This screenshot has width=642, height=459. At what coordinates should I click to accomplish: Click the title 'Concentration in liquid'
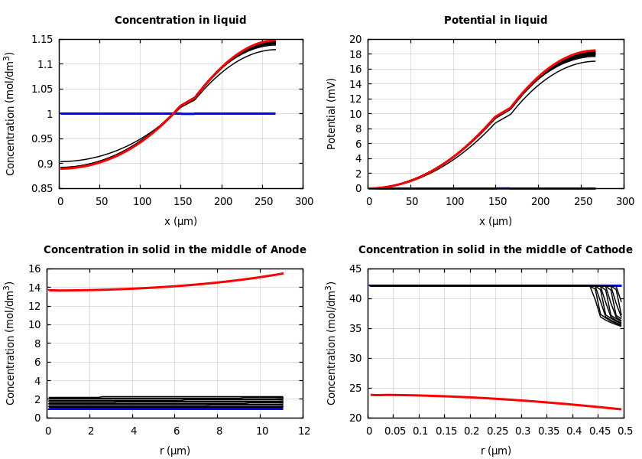[180, 21]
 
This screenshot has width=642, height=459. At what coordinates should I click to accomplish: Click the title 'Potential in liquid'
[495, 21]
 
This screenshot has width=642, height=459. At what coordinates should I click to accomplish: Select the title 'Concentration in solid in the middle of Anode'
[174, 250]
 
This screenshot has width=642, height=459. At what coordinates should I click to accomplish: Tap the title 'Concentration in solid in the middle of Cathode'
[495, 250]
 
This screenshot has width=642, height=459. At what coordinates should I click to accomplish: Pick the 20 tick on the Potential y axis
[355, 40]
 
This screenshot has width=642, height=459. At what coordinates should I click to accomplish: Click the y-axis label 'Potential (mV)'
[332, 113]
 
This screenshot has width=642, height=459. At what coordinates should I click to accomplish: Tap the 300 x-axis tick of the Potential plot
[624, 201]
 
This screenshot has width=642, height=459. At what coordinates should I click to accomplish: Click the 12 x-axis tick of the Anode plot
[303, 431]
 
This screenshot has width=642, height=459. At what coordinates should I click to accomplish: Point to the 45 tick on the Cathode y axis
[355, 269]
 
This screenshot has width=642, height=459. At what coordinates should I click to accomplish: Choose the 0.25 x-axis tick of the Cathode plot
[497, 431]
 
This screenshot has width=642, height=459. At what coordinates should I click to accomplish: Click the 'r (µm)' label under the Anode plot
[174, 451]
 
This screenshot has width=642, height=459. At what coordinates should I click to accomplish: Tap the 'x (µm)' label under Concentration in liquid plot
[180, 221]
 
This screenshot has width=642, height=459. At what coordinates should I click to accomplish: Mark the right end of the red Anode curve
[283, 273]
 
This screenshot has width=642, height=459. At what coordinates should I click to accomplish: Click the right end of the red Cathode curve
[621, 409]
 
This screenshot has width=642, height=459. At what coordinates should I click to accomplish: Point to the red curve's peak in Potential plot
[594, 50]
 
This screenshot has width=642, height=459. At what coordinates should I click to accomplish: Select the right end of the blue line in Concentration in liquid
[274, 113]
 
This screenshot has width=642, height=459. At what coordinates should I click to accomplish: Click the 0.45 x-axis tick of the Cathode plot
[599, 431]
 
